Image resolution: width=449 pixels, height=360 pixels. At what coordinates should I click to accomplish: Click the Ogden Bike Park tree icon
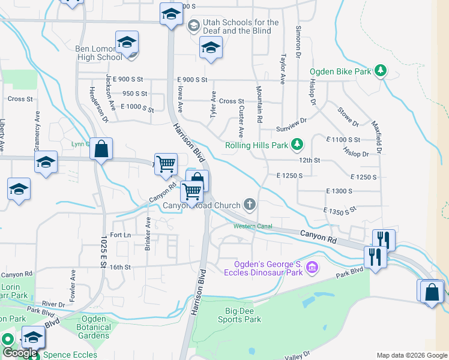[x=380, y=71]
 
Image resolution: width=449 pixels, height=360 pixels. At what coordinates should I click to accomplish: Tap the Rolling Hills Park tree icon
[x=297, y=145]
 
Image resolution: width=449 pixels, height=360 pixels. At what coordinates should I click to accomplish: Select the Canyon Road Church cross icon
[x=250, y=205]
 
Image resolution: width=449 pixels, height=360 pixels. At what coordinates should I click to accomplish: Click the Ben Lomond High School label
[x=98, y=53]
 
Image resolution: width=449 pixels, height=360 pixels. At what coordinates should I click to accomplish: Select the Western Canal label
[x=253, y=226]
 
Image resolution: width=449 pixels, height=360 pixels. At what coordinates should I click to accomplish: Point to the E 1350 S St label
[x=340, y=211]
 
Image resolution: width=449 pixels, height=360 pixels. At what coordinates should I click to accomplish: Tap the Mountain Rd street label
[x=259, y=104]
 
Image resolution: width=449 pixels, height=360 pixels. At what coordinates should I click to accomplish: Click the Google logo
[x=19, y=353]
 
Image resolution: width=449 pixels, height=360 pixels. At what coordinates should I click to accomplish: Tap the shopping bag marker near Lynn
[x=101, y=149]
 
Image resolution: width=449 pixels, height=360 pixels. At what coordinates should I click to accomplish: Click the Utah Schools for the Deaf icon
[x=194, y=26]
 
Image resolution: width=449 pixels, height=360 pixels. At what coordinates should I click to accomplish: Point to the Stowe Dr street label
[x=348, y=117]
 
